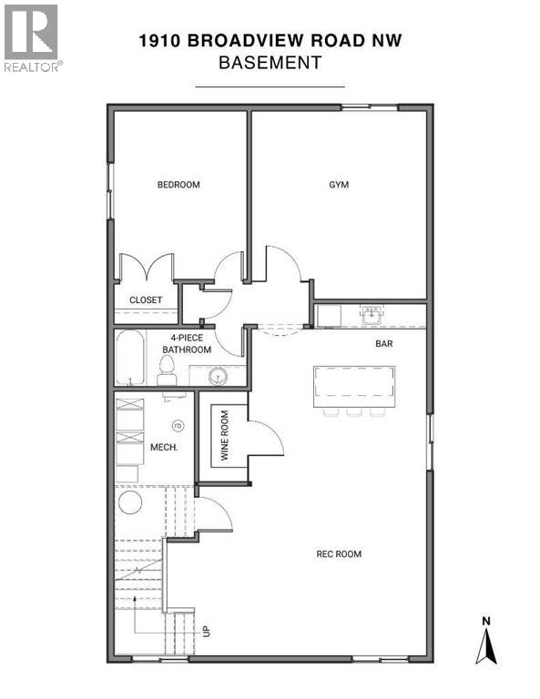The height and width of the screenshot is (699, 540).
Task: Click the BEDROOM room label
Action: (178, 185)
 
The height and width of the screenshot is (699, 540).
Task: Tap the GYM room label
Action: (339, 185)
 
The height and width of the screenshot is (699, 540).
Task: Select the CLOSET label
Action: (146, 299)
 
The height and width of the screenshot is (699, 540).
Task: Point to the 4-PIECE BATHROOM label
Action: (188, 343)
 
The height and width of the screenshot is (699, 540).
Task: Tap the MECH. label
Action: (163, 448)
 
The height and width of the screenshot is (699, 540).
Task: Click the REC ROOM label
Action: (339, 553)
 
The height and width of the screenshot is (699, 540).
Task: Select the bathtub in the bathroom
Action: (129, 358)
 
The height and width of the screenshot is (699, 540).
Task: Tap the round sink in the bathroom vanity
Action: (219, 375)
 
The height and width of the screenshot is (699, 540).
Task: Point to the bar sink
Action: (371, 315)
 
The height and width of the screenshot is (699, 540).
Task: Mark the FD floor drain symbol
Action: (178, 425)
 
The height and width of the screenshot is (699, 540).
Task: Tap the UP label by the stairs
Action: (207, 630)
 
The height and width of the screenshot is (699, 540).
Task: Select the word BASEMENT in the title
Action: (270, 63)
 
